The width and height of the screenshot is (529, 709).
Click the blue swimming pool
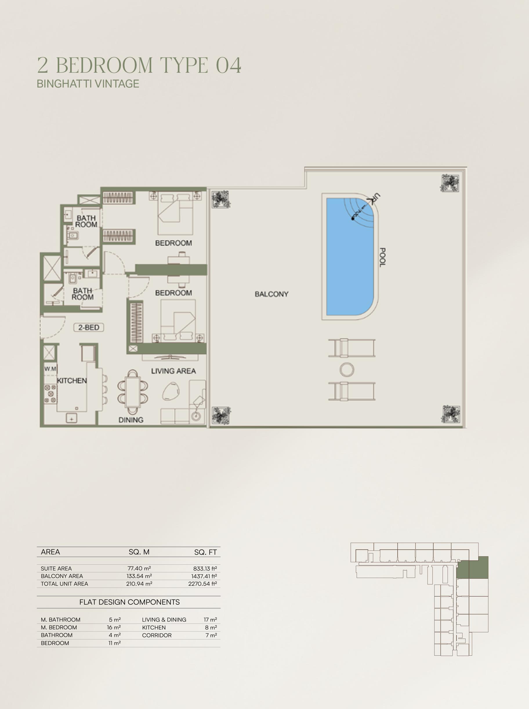[x=350, y=257]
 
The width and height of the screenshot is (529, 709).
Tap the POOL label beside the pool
[x=382, y=257]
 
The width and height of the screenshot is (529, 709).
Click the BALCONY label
[x=271, y=294]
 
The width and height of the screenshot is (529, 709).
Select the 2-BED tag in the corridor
[x=89, y=327]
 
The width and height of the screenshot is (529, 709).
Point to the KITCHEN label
[x=72, y=380]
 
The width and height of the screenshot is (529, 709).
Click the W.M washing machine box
[x=50, y=369]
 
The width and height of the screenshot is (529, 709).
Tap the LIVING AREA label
[x=173, y=371]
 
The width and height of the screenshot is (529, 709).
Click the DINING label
[x=131, y=420]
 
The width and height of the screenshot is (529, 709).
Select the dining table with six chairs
[x=133, y=392]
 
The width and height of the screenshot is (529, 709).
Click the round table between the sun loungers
[x=347, y=369]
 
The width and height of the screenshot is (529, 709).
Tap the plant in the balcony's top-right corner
[x=450, y=183]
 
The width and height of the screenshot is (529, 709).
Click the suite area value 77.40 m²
[x=139, y=568]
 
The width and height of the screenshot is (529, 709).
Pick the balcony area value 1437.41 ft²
[x=204, y=576]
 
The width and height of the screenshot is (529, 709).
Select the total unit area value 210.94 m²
[x=139, y=584]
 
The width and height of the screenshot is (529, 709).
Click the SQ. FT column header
[x=205, y=552]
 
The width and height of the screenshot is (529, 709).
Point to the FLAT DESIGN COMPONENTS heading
[x=129, y=602]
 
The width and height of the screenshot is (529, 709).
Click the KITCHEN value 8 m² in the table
[x=211, y=627]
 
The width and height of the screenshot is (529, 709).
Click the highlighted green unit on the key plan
[x=472, y=567]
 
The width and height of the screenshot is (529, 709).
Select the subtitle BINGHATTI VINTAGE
[x=88, y=83]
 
